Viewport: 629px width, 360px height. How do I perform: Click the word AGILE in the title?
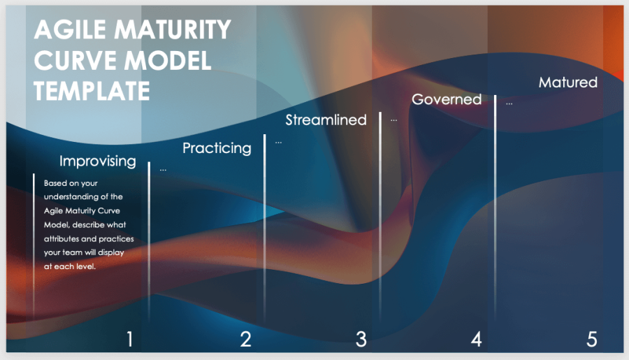pos(70,29)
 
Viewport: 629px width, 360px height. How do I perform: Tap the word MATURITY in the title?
pos(173,29)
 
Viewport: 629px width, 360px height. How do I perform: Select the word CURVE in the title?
pos(75,61)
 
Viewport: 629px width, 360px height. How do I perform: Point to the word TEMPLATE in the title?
pos(92,91)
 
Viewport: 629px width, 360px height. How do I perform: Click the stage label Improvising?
pos(98,161)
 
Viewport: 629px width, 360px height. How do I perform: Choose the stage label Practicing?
pos(217,148)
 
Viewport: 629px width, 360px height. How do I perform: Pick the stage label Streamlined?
pos(326,120)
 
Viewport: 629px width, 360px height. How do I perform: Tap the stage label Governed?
pos(447,99)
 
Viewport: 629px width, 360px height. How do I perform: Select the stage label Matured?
pos(568,82)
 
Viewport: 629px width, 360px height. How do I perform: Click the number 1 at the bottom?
pos(129,339)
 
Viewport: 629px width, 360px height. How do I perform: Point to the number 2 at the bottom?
pos(245,339)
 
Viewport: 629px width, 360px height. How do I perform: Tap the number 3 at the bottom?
pos(361,339)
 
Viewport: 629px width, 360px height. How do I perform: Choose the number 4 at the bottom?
pos(476,339)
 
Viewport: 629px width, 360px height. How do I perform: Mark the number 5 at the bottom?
pos(592,339)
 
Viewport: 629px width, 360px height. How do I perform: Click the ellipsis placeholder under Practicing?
pos(163,170)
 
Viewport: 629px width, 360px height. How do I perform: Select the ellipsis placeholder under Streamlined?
pos(278,143)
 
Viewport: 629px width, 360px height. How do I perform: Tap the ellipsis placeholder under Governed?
pos(394,120)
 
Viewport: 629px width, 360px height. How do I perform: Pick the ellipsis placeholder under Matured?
pos(509,103)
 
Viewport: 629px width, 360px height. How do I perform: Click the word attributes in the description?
pos(62,239)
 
